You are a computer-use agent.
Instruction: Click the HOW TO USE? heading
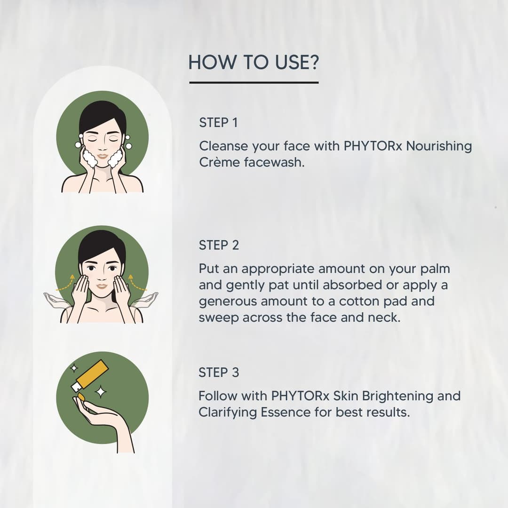(254, 63)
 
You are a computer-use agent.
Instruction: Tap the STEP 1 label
(218, 123)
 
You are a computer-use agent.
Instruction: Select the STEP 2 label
(219, 245)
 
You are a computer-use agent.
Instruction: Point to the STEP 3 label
(219, 373)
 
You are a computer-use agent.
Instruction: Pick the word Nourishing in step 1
(438, 146)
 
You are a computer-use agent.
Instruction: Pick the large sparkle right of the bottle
(100, 391)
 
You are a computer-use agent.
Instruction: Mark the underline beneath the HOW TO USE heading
(254, 83)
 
